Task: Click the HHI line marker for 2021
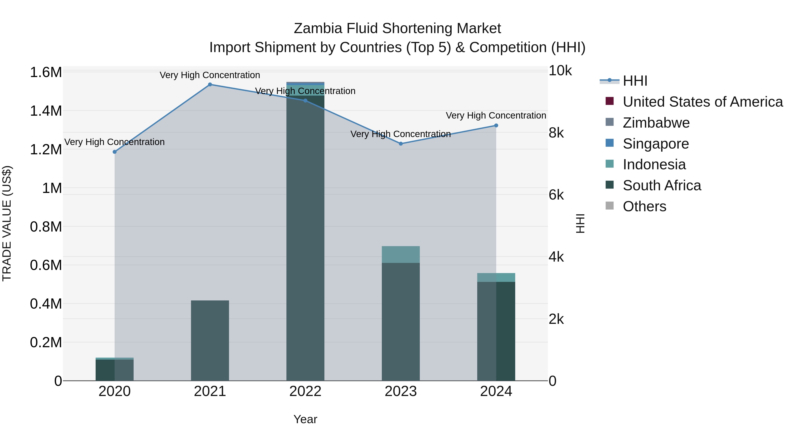point(210,85)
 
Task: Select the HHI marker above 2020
point(114,152)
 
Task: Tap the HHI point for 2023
point(401,144)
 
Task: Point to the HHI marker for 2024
point(496,126)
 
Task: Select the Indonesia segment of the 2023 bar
point(401,255)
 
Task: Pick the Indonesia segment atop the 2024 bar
point(496,277)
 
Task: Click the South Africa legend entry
point(662,186)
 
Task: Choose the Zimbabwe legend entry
point(656,123)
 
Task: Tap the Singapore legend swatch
point(609,143)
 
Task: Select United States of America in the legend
point(702,102)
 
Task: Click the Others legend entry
point(644,206)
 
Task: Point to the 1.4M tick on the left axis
point(46,111)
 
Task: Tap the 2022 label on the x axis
point(305,391)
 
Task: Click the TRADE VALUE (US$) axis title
point(7,223)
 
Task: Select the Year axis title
point(305,419)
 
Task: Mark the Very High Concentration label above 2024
point(496,115)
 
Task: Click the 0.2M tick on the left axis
point(46,342)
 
